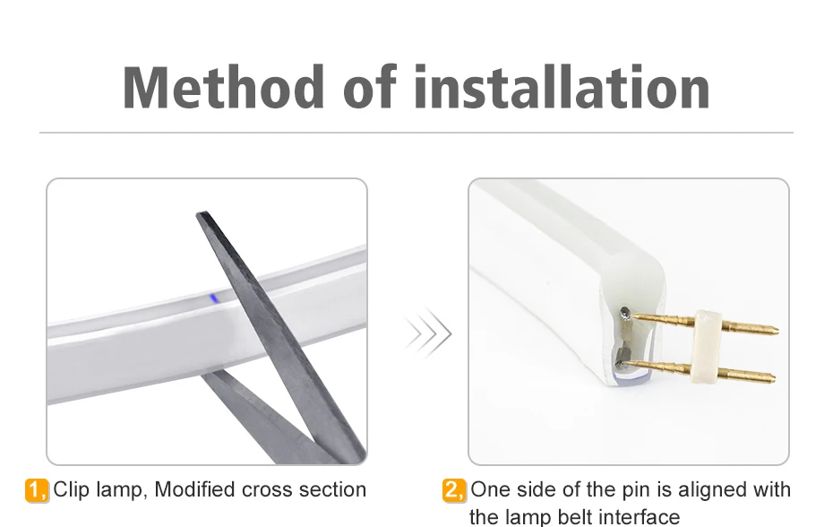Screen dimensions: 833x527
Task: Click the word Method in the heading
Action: [x=223, y=87]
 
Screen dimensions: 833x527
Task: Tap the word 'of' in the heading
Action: [x=370, y=87]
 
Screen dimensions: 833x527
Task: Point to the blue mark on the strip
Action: [x=214, y=298]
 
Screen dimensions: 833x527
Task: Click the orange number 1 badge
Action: [x=37, y=490]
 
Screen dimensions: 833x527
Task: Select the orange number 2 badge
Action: [x=454, y=490]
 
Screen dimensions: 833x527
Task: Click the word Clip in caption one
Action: [x=71, y=490]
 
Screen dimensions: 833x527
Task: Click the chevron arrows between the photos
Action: [x=427, y=334]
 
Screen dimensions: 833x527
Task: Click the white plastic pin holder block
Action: [x=706, y=347]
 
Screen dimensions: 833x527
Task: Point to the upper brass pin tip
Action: [x=777, y=330]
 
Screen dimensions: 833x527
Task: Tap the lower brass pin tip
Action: [x=774, y=378]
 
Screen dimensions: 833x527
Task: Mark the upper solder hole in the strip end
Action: [x=625, y=314]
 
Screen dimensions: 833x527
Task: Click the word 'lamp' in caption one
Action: [x=119, y=490]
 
